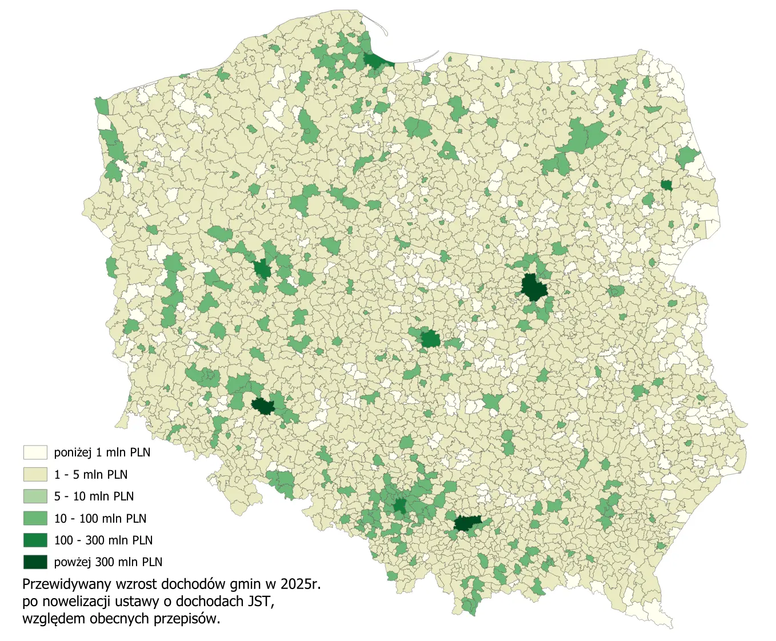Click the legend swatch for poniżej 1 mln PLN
coord(35,452)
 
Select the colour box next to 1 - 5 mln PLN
coord(35,474)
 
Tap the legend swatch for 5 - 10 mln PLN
coord(35,496)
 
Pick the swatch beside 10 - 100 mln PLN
coord(35,518)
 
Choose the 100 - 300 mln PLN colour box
coord(35,540)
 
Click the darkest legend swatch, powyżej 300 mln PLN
coord(35,562)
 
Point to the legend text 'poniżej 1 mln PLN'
coord(102,452)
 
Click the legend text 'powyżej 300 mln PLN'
coord(108,562)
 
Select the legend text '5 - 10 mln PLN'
coord(94,496)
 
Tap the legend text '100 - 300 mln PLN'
coord(103,540)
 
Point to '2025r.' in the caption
coord(300,584)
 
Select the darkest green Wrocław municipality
coord(263,406)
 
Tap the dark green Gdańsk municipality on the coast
coord(375,60)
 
